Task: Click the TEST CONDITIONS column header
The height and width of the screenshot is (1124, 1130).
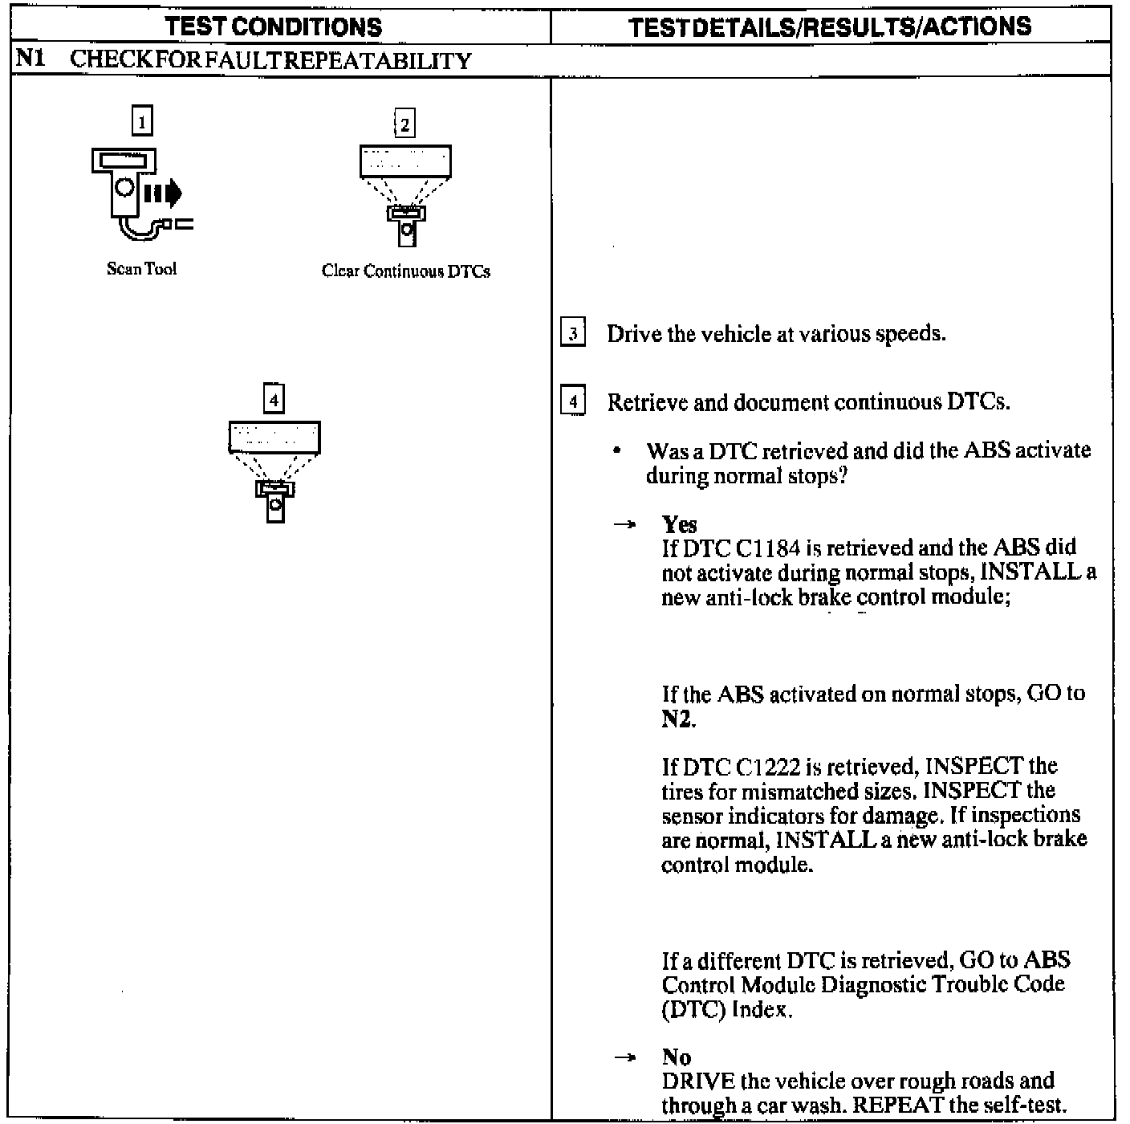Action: coord(274,27)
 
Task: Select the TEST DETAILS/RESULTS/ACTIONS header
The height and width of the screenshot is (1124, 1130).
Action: coord(830,27)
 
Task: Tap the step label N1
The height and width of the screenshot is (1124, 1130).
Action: coord(28,61)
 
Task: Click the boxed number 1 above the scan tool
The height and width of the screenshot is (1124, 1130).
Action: coord(142,121)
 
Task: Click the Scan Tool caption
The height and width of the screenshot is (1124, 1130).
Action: coord(141,269)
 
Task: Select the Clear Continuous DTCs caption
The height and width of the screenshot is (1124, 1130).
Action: coord(405,271)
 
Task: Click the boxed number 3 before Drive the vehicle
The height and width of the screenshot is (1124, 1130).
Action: coord(572,333)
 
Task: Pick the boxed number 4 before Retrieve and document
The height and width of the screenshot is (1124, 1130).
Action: coord(572,401)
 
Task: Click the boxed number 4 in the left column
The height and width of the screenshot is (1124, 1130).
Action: coord(274,399)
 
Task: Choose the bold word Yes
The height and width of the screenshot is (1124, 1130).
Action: coord(679,524)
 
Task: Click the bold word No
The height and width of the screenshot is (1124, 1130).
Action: coord(677,1057)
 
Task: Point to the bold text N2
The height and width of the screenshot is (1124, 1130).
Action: coord(677,719)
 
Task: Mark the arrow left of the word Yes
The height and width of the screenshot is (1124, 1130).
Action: coord(624,524)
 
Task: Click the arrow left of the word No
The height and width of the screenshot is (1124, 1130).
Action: coord(624,1057)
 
